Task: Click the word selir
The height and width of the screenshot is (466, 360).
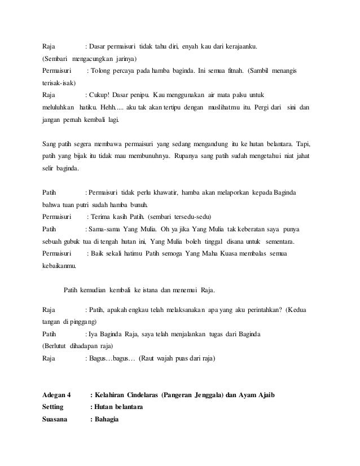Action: pos(51,169)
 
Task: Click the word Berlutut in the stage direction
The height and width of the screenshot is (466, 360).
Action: pos(58,346)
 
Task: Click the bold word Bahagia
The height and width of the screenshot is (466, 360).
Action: pos(104,419)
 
